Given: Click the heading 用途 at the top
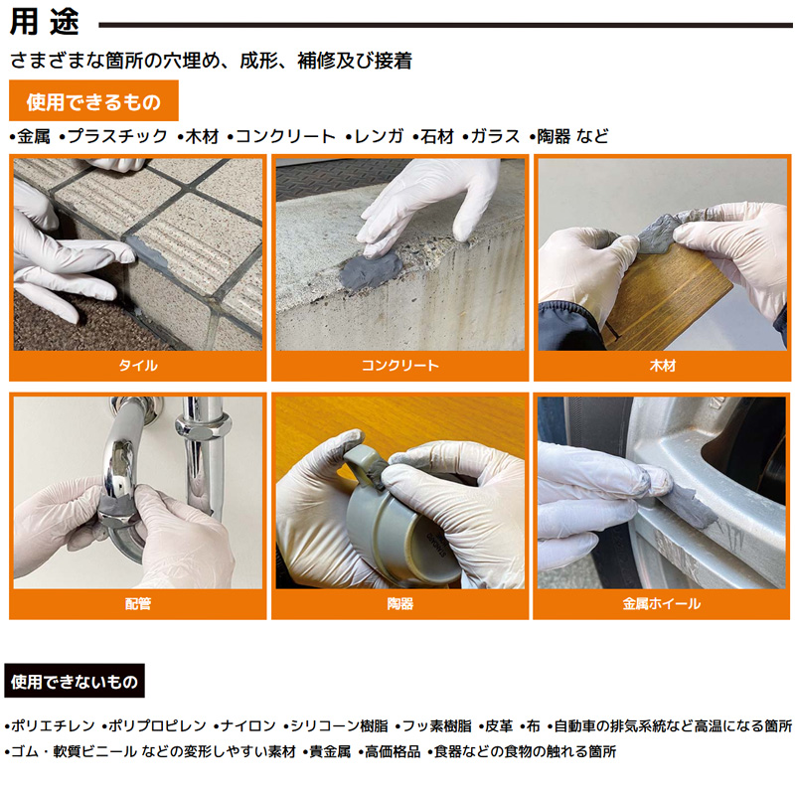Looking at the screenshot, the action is pyautogui.click(x=45, y=23).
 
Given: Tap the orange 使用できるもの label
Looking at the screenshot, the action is pyautogui.click(x=93, y=101).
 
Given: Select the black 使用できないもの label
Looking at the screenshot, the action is pyautogui.click(x=75, y=681).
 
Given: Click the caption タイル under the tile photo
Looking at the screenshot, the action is pyautogui.click(x=138, y=365).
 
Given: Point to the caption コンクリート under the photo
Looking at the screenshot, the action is pyautogui.click(x=400, y=365).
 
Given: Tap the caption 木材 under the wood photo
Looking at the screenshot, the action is pyautogui.click(x=662, y=365).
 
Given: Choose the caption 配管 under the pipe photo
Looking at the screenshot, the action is pyautogui.click(x=138, y=603).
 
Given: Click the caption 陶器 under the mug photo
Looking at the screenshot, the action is pyautogui.click(x=400, y=603).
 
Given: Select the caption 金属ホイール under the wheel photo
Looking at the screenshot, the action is pyautogui.click(x=662, y=603).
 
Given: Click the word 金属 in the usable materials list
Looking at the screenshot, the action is pyautogui.click(x=34, y=136).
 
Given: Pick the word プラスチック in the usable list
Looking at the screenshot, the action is pyautogui.click(x=117, y=136).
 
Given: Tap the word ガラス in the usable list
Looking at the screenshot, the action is pyautogui.click(x=495, y=136).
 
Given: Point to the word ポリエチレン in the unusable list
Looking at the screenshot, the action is pyautogui.click(x=53, y=726).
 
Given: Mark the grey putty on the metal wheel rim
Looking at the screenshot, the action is pyautogui.click(x=692, y=507).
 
